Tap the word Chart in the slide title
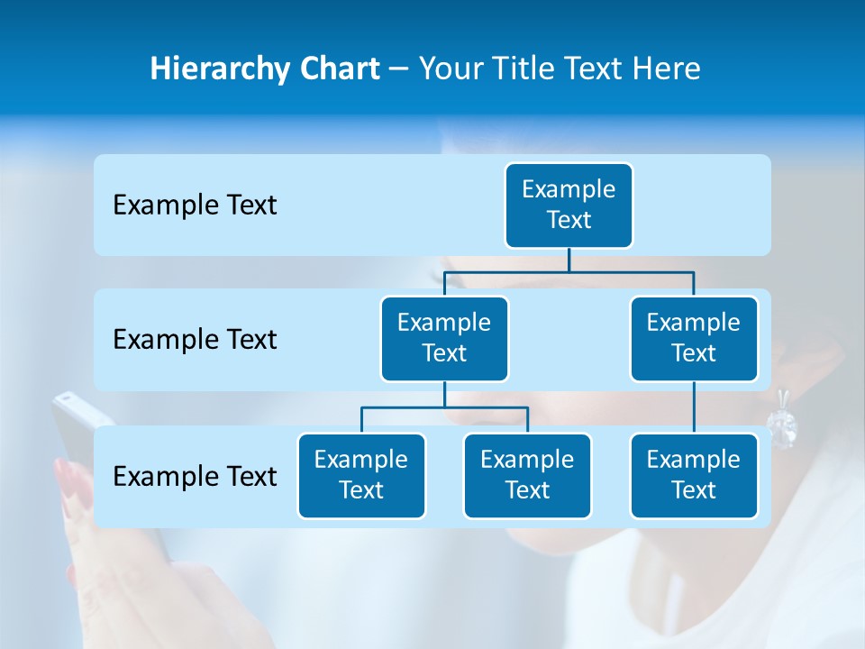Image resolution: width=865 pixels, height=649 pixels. pyautogui.click(x=337, y=69)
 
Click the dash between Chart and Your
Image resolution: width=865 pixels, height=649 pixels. pyautogui.click(x=399, y=69)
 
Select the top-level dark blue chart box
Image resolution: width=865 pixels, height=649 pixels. pyautogui.click(x=569, y=205)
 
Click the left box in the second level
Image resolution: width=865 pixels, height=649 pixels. pyautogui.click(x=444, y=338)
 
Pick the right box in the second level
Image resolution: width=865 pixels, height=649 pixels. pyautogui.click(x=694, y=338)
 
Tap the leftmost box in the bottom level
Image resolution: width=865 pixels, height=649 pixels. pyautogui.click(x=361, y=475)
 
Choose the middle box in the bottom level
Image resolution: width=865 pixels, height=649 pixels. pyautogui.click(x=527, y=475)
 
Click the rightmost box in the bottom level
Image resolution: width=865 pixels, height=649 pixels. pyautogui.click(x=694, y=475)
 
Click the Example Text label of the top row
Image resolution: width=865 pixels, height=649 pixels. pyautogui.click(x=195, y=206)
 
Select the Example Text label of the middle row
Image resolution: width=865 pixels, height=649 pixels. pyautogui.click(x=195, y=340)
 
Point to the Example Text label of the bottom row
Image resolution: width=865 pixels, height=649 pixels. pyautogui.click(x=195, y=476)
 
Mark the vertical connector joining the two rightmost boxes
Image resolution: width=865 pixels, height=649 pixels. pyautogui.click(x=694, y=407)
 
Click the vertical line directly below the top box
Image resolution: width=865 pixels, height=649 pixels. pyautogui.click(x=569, y=260)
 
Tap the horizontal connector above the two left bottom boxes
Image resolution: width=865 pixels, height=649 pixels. pyautogui.click(x=444, y=407)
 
